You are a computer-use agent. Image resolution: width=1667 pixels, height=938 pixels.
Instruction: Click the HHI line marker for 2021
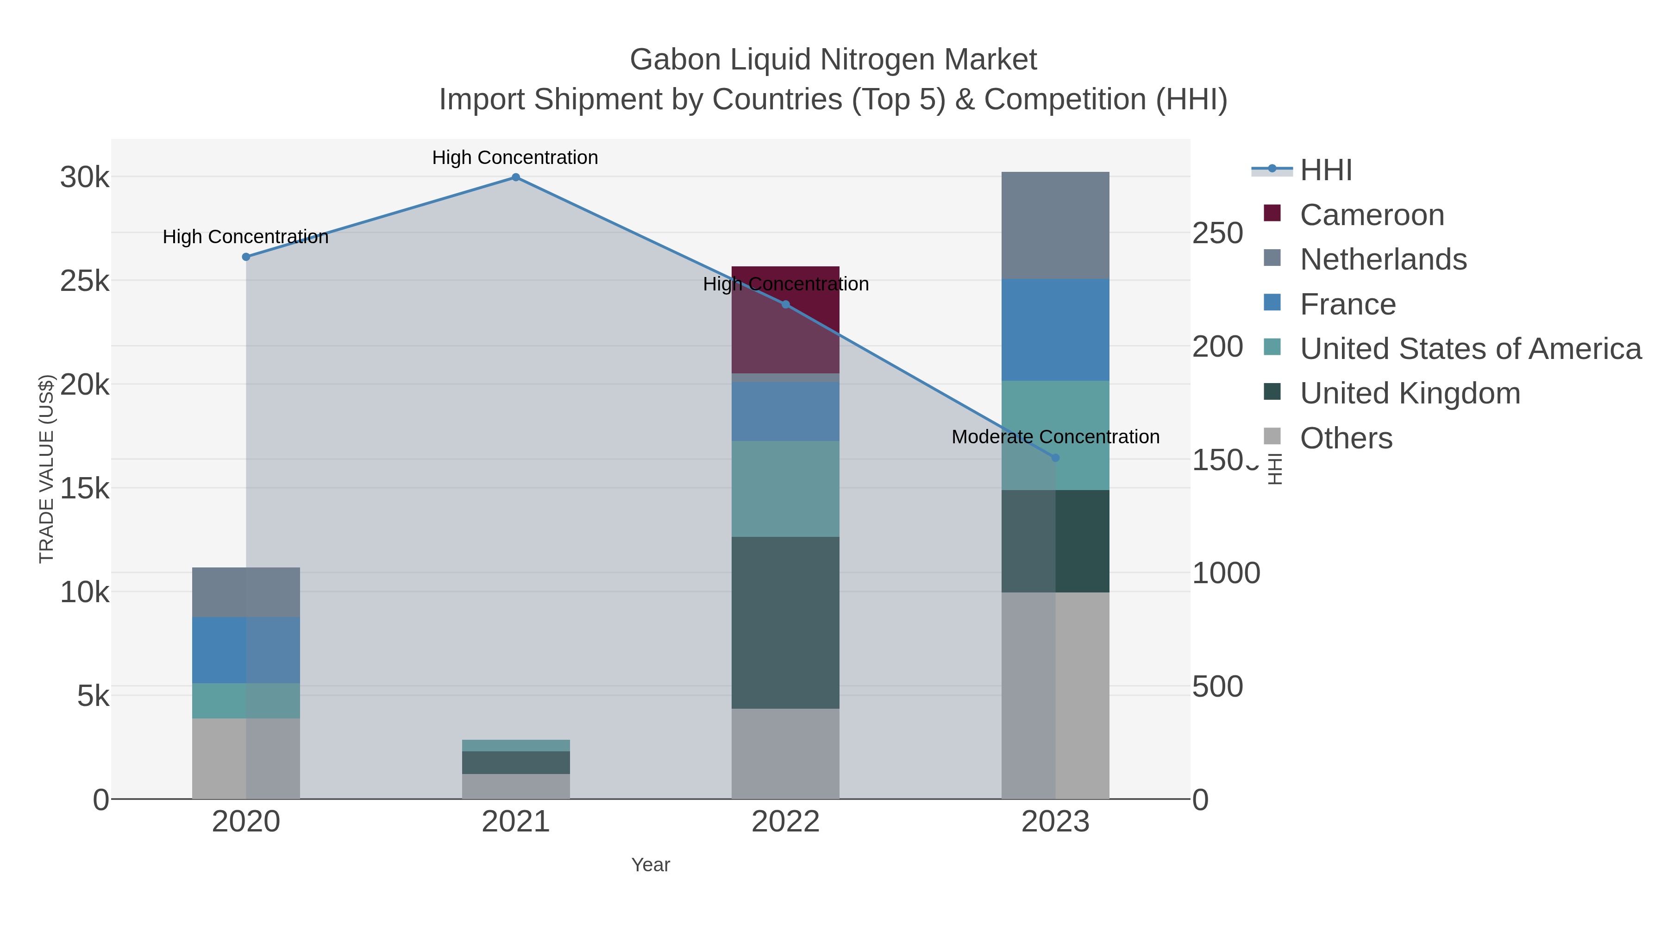point(516,177)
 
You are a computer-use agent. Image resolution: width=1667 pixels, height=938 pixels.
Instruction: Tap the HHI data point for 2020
point(246,257)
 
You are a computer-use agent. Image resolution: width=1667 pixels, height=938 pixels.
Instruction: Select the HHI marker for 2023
point(1055,458)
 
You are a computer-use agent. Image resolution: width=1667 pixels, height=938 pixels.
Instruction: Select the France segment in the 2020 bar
point(246,650)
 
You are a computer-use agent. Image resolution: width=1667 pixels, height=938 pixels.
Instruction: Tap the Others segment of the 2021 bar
point(516,787)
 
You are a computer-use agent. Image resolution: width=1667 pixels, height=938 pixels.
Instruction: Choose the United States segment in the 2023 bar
point(1082,435)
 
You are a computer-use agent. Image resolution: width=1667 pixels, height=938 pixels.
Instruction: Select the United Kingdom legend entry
point(1410,394)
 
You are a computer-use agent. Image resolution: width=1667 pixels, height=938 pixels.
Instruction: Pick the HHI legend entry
point(1325,170)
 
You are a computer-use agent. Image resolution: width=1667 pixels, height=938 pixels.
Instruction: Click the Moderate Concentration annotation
point(1055,437)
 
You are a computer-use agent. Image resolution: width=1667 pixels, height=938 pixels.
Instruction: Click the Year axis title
point(651,865)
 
